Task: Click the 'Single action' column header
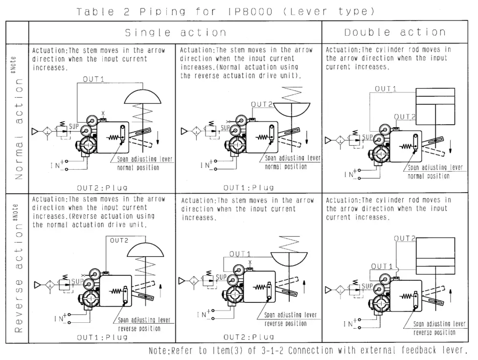[x=176, y=33]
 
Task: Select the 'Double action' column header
[x=395, y=33]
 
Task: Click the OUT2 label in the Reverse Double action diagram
[x=405, y=239]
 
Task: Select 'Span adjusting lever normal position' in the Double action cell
[x=435, y=172]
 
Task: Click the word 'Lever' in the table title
[x=305, y=10]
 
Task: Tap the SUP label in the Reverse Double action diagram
[x=367, y=286]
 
